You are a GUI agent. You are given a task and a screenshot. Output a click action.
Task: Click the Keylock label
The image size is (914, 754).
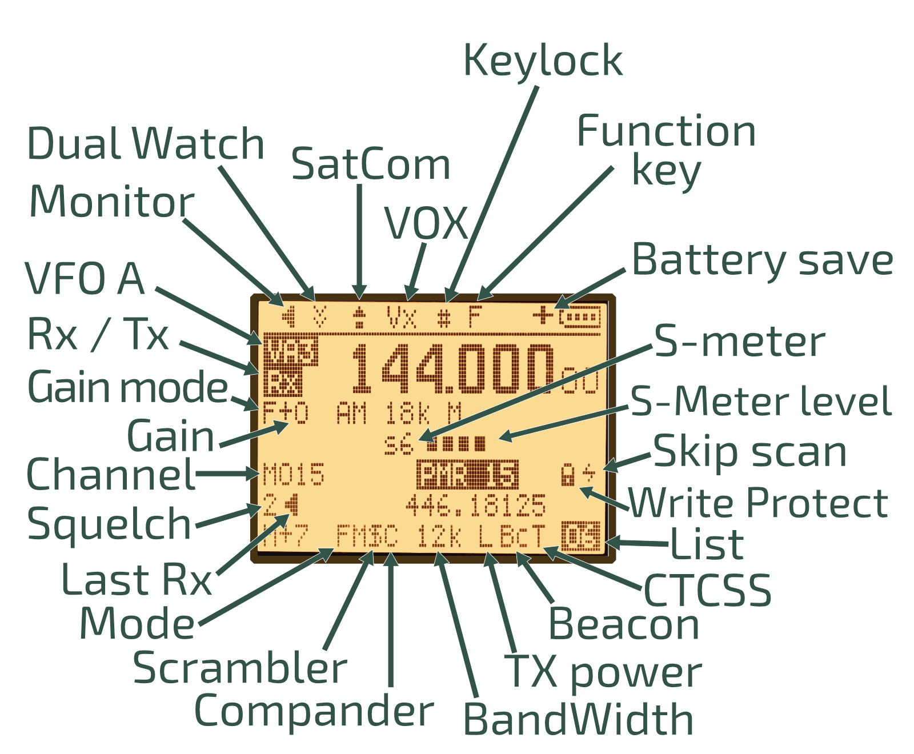pyautogui.click(x=542, y=61)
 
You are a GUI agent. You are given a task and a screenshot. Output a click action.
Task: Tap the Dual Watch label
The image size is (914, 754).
pyautogui.click(x=145, y=144)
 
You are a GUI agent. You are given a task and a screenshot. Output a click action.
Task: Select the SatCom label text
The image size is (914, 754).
pyautogui.click(x=371, y=165)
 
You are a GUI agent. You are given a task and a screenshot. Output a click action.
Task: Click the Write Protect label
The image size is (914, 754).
pyautogui.click(x=758, y=503)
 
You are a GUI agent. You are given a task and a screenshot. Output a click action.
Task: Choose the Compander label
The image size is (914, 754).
pyautogui.click(x=314, y=711)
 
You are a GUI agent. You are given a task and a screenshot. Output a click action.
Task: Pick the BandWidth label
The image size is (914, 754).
pyautogui.click(x=578, y=719)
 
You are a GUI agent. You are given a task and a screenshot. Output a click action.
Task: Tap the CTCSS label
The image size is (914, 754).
pyautogui.click(x=707, y=591)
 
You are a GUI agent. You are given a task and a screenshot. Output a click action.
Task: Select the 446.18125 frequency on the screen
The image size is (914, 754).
pyautogui.click(x=475, y=506)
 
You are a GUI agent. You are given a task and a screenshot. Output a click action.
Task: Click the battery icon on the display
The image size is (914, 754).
pyautogui.click(x=580, y=316)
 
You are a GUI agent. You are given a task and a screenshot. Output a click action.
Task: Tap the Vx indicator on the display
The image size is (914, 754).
pyautogui.click(x=401, y=316)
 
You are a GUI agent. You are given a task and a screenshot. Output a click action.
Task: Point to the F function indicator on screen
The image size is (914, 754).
pyautogui.click(x=475, y=316)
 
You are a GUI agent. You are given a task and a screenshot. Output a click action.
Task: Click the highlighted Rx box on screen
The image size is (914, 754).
pyautogui.click(x=283, y=384)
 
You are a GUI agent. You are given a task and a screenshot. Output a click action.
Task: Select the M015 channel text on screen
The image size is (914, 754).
pyautogui.click(x=294, y=475)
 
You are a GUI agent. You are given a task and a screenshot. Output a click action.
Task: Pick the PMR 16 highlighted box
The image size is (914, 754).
pyautogui.click(x=467, y=475)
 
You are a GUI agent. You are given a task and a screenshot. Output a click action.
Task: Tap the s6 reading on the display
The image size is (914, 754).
pyautogui.click(x=398, y=443)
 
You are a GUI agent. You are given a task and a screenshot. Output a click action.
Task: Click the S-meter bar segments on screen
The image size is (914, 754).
pyautogui.click(x=457, y=443)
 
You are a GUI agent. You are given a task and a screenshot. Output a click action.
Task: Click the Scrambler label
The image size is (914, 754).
pyautogui.click(x=240, y=668)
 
